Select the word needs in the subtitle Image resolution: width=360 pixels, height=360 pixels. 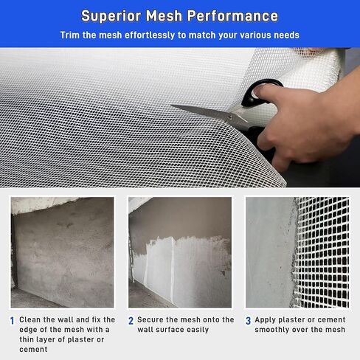[284, 35]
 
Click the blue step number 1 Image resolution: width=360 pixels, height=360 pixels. [12, 321]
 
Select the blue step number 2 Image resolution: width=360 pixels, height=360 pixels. [131, 321]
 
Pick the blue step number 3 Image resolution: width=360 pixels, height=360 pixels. [249, 321]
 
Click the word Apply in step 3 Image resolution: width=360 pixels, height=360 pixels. [266, 320]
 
